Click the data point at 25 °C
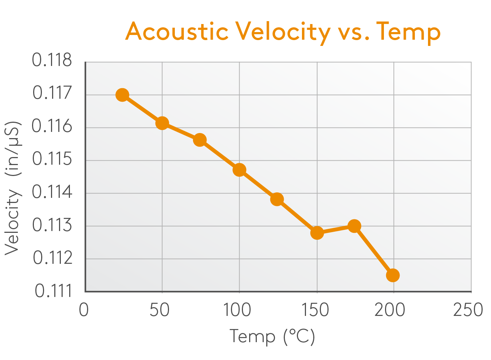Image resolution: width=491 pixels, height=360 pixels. pyautogui.click(x=122, y=95)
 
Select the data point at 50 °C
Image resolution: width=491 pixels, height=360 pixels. pyautogui.click(x=162, y=123)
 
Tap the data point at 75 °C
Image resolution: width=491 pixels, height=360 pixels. pyautogui.click(x=200, y=140)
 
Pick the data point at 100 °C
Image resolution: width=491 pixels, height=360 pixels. pyautogui.click(x=239, y=170)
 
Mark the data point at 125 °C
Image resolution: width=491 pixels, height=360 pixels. pyautogui.click(x=277, y=199)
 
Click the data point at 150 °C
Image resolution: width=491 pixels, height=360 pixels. pyautogui.click(x=317, y=232)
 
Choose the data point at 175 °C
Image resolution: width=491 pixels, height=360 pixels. pyautogui.click(x=354, y=226)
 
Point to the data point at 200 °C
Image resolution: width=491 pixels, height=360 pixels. pyautogui.click(x=393, y=275)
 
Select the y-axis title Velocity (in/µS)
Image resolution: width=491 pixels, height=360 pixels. pyautogui.click(x=12, y=188)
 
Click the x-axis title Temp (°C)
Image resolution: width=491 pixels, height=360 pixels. pyautogui.click(x=272, y=336)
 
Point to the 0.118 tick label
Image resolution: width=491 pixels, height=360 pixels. pyautogui.click(x=52, y=60)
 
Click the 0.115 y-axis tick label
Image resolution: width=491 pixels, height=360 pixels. pyautogui.click(x=52, y=159)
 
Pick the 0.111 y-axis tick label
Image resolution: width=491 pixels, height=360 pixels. pyautogui.click(x=54, y=291)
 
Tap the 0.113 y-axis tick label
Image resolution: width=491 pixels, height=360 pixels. pyautogui.click(x=52, y=225)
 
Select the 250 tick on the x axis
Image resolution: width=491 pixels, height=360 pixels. pyautogui.click(x=468, y=310)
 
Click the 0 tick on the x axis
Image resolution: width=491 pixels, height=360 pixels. pyautogui.click(x=84, y=310)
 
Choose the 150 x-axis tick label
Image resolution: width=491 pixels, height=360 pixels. pyautogui.click(x=315, y=310)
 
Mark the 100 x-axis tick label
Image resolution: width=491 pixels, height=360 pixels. pyautogui.click(x=237, y=310)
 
